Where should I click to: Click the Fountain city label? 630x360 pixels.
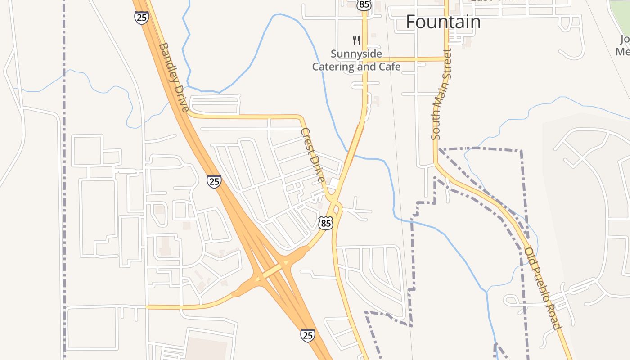(443, 22)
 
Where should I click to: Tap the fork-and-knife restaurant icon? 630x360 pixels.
(356, 40)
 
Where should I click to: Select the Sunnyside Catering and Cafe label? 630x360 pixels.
(356, 60)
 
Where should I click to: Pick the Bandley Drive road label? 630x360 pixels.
(173, 77)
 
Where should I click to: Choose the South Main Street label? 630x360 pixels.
(441, 94)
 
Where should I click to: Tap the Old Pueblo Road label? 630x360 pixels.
(544, 288)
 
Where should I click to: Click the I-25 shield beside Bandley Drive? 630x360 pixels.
(141, 18)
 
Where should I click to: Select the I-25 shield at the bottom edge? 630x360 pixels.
(308, 335)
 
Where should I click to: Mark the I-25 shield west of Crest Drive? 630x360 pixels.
(214, 181)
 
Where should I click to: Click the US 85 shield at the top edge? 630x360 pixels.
(364, 4)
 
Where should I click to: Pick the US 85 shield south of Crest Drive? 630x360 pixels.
(326, 223)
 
